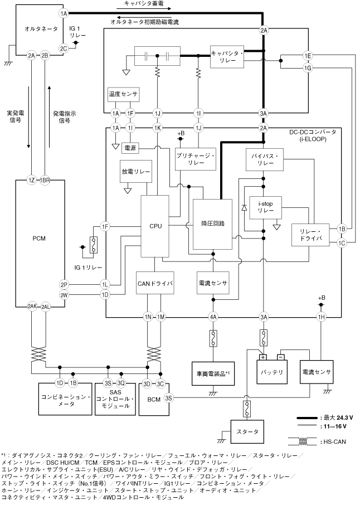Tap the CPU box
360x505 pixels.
(156, 226)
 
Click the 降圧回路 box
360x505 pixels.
(212, 223)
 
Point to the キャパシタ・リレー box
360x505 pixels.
(227, 56)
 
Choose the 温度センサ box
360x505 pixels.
(123, 95)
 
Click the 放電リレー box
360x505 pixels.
(135, 172)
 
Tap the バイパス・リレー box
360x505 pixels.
(265, 161)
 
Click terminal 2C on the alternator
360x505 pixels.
(64, 48)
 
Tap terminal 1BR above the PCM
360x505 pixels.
(46, 181)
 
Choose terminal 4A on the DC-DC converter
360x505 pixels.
(212, 317)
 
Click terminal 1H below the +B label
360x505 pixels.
(320, 317)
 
